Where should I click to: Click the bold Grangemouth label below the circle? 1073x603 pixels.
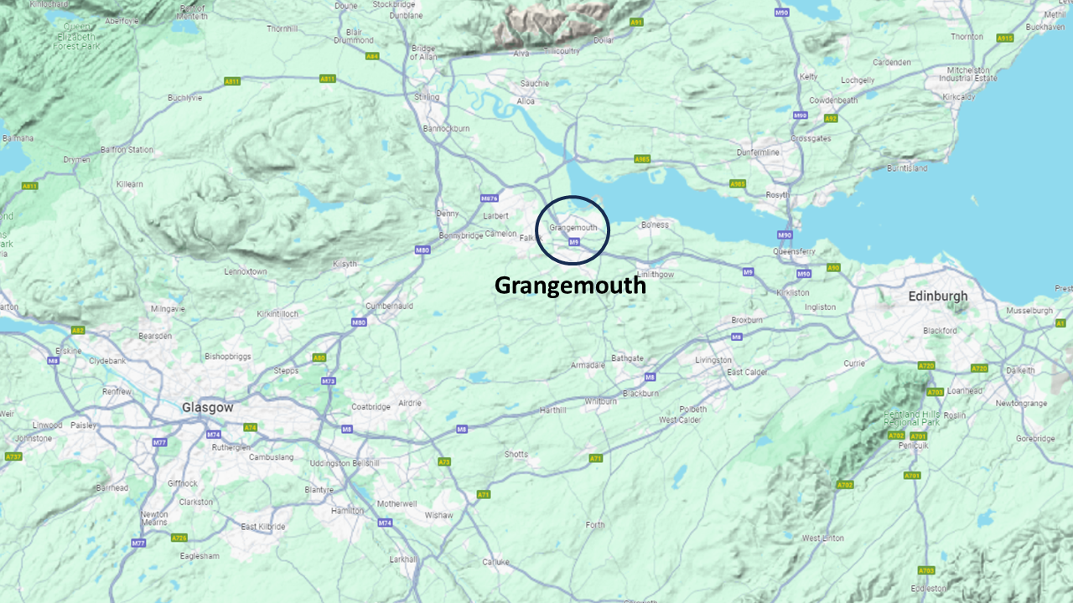click(x=570, y=286)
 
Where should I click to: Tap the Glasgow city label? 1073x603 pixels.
click(x=207, y=407)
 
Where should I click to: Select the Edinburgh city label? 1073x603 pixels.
click(x=937, y=296)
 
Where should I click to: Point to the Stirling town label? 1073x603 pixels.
click(x=427, y=97)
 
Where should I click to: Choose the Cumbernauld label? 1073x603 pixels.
click(x=390, y=307)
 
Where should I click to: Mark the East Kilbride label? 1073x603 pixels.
click(x=263, y=527)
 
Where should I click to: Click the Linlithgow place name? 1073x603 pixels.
click(x=656, y=274)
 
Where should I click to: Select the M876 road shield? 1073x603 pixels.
click(x=490, y=198)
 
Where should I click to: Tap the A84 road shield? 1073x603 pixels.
click(x=372, y=56)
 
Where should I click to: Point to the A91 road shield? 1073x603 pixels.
click(x=636, y=22)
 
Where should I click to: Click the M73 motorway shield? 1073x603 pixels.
click(x=329, y=381)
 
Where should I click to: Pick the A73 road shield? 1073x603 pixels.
click(x=444, y=461)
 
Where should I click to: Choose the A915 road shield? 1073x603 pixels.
click(x=1004, y=38)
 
